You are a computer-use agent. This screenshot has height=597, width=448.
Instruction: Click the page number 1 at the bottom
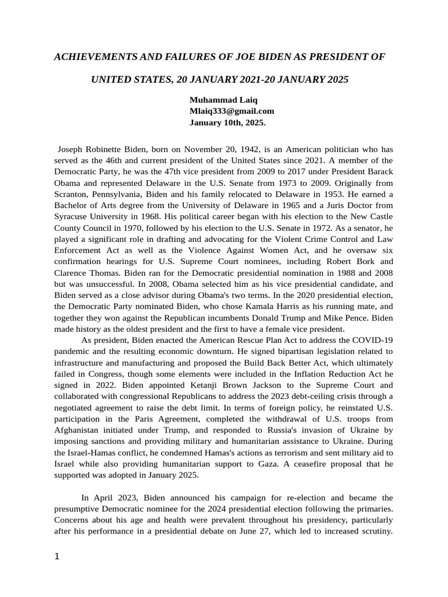57,556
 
